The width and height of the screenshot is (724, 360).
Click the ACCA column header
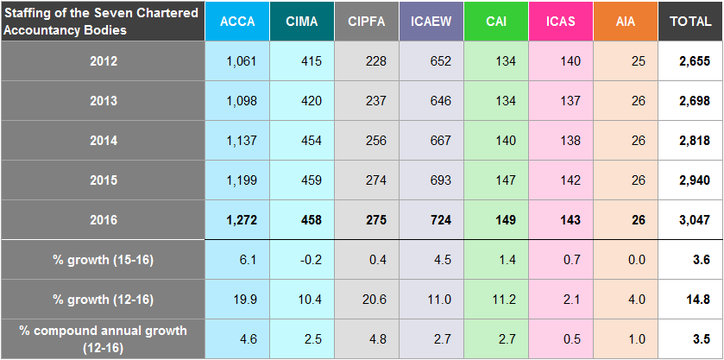(x=237, y=21)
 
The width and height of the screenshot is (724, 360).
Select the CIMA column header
(x=302, y=21)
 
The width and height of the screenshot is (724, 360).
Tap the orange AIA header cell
(x=626, y=21)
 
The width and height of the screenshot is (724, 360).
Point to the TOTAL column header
(x=690, y=21)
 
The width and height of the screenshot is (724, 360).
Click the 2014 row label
(x=103, y=141)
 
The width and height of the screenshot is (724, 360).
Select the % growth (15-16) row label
(x=103, y=259)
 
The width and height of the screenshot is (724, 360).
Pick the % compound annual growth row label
(x=103, y=338)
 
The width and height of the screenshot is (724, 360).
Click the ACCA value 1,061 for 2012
(x=237, y=61)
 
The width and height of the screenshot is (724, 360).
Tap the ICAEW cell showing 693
(x=431, y=180)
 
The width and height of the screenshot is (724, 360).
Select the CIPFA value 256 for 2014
(x=367, y=141)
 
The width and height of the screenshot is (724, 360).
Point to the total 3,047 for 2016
(x=690, y=220)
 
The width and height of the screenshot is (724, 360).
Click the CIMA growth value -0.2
(x=302, y=259)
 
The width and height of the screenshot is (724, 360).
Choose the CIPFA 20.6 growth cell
(x=367, y=299)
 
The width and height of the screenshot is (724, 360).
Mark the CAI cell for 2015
(x=496, y=180)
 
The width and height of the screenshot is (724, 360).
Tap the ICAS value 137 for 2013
(x=561, y=101)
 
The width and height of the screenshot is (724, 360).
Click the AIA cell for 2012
(x=626, y=61)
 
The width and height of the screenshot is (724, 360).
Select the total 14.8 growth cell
(x=690, y=299)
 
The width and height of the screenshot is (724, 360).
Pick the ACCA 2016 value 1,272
(x=237, y=220)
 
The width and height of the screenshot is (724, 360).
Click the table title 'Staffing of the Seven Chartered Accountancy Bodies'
(x=103, y=21)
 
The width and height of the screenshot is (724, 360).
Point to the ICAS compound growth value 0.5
(x=561, y=338)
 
